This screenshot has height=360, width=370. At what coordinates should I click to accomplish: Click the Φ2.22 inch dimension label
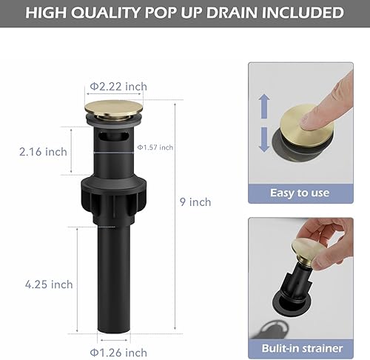pyautogui.click(x=118, y=87)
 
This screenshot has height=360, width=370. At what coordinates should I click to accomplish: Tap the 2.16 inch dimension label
pyautogui.click(x=43, y=151)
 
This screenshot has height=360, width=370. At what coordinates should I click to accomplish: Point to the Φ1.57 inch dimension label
pyautogui.click(x=155, y=147)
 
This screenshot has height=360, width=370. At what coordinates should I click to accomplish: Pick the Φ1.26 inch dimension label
pyautogui.click(x=118, y=330)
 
